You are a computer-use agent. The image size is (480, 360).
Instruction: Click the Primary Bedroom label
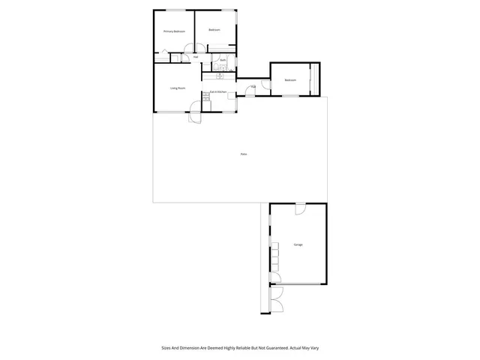click(174, 31)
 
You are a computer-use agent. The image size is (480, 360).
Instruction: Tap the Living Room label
click(177, 88)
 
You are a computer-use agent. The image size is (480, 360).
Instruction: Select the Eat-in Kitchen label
click(218, 91)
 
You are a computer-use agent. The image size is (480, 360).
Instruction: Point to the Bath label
click(223, 60)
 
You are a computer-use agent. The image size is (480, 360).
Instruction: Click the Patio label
click(244, 154)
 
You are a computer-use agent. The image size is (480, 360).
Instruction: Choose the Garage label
click(298, 245)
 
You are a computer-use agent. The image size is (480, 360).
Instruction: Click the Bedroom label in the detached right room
click(290, 80)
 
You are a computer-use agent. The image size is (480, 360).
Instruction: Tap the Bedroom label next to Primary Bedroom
click(214, 30)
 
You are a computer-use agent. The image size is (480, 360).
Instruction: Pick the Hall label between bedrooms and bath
click(196, 57)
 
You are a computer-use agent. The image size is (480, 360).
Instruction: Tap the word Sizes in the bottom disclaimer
click(166, 348)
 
